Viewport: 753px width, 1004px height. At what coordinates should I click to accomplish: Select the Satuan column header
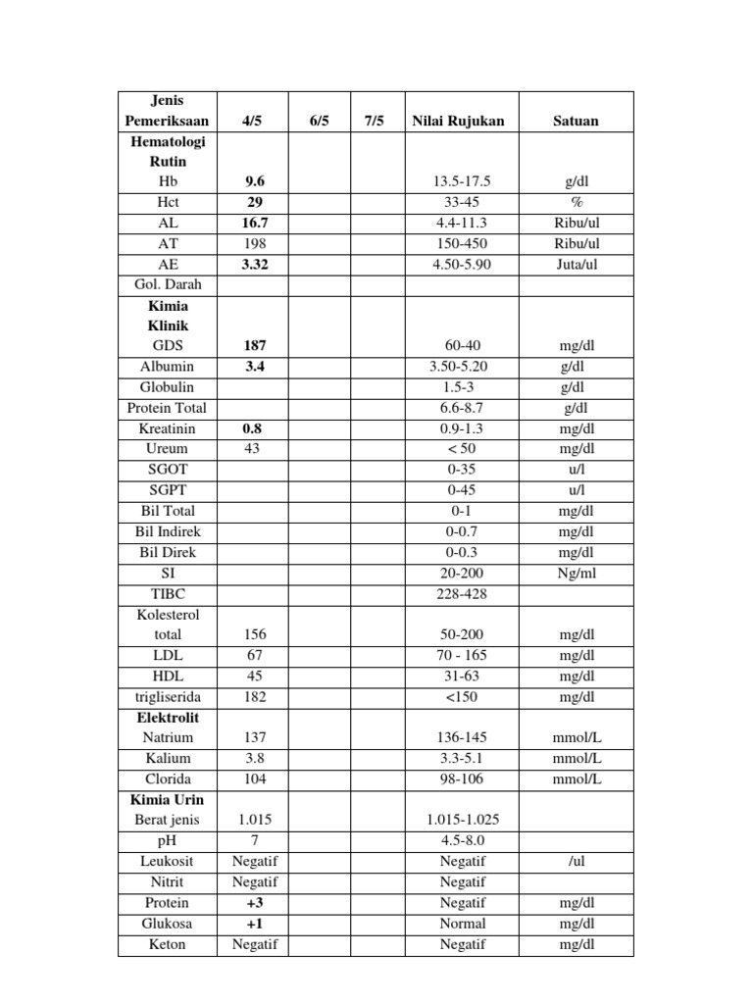(577, 121)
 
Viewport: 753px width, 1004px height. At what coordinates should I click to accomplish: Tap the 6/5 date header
(320, 121)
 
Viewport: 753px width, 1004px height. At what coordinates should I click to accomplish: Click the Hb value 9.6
(255, 181)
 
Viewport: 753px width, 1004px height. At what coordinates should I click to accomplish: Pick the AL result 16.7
(255, 223)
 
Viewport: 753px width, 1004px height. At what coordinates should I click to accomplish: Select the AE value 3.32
(255, 264)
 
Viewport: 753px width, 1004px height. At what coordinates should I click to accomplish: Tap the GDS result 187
(255, 345)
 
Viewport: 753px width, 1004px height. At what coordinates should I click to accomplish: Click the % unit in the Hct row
(577, 202)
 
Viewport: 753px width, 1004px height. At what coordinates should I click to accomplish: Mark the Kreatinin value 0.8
(255, 428)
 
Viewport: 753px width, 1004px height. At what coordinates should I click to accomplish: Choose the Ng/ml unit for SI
(577, 573)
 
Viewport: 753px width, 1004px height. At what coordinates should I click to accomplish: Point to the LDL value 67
(255, 655)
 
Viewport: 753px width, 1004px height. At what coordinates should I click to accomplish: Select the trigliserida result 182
(255, 696)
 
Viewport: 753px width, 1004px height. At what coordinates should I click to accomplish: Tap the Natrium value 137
(255, 737)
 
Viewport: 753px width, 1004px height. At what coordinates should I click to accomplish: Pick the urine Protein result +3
(255, 902)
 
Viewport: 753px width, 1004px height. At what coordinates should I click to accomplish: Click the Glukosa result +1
(255, 924)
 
